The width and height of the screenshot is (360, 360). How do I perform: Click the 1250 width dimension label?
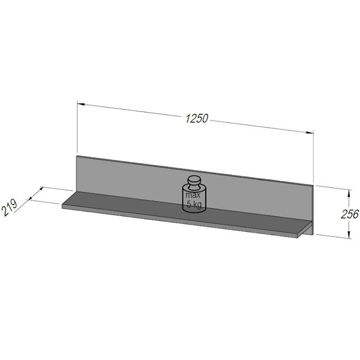click(x=197, y=119)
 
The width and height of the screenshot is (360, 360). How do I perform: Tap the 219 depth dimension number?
click(x=9, y=207)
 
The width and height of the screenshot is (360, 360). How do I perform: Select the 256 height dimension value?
click(x=350, y=214)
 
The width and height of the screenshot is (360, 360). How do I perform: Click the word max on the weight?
click(x=193, y=195)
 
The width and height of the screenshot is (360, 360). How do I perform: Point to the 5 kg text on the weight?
click(x=194, y=204)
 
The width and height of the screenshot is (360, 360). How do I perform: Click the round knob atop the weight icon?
click(x=194, y=180)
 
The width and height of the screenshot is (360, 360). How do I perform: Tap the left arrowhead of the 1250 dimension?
click(x=81, y=104)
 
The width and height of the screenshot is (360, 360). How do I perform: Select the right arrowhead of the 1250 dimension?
click(x=310, y=132)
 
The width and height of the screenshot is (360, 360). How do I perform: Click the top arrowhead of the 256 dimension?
click(x=349, y=194)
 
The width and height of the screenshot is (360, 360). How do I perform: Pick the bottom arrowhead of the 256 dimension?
click(x=349, y=234)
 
